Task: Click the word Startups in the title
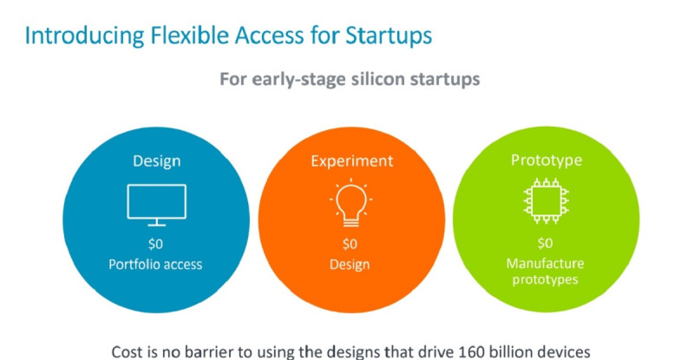pyautogui.click(x=389, y=36)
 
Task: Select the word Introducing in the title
pyautogui.click(x=84, y=36)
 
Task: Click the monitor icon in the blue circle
pyautogui.click(x=157, y=205)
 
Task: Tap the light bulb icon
pyautogui.click(x=351, y=203)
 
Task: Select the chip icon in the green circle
pyautogui.click(x=547, y=200)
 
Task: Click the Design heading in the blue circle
pyautogui.click(x=157, y=161)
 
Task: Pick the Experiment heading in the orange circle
pyautogui.click(x=352, y=161)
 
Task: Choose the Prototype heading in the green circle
pyautogui.click(x=547, y=160)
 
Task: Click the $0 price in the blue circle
pyautogui.click(x=155, y=244)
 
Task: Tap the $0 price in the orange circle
pyautogui.click(x=350, y=244)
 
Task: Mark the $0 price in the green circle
pyautogui.click(x=546, y=243)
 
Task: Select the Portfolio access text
pyautogui.click(x=155, y=265)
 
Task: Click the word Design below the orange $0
pyautogui.click(x=350, y=265)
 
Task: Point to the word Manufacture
pyautogui.click(x=546, y=264)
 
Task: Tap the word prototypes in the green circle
pyautogui.click(x=546, y=280)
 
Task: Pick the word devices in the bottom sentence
pyautogui.click(x=562, y=352)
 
